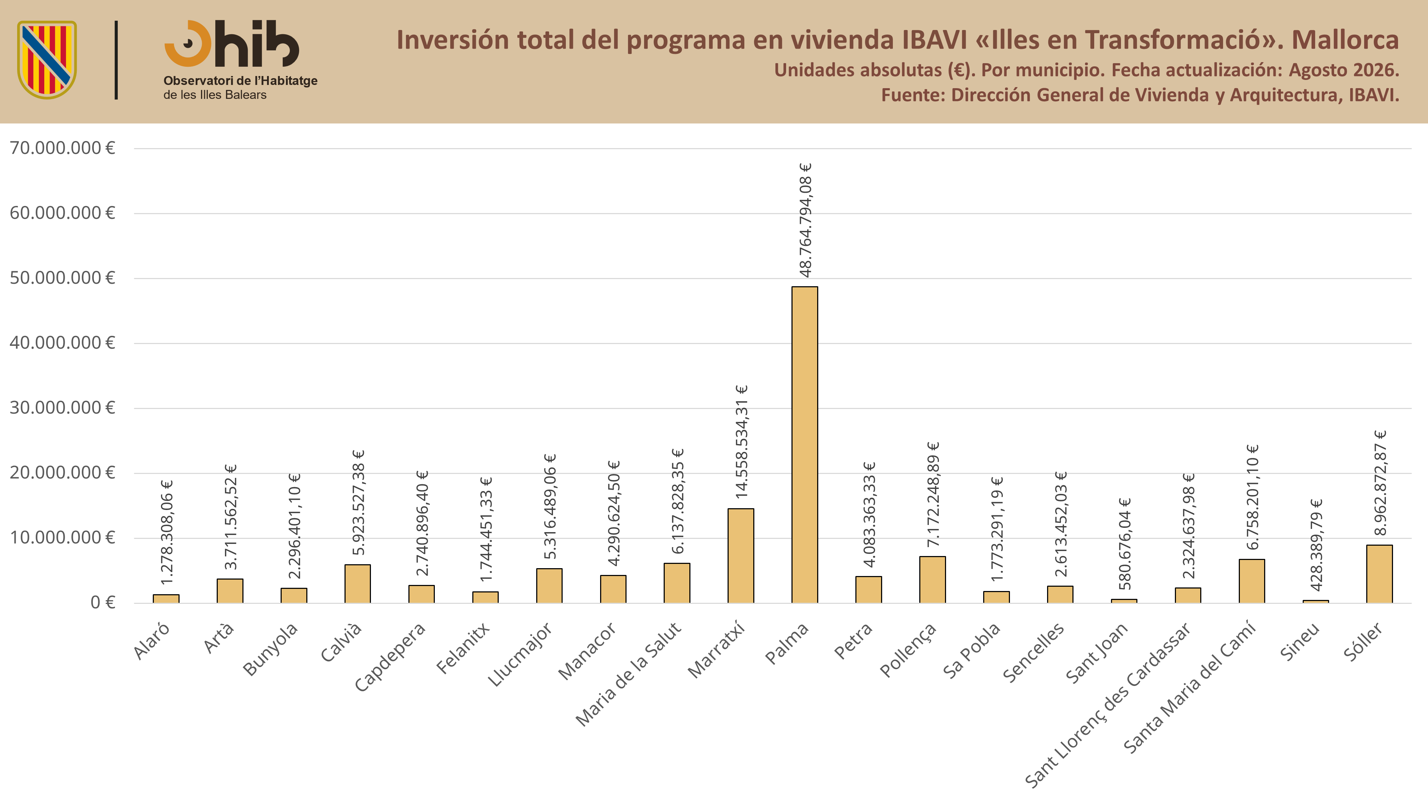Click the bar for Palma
(804, 444)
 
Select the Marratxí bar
(741, 556)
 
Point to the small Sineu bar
(1316, 601)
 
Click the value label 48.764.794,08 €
(805, 220)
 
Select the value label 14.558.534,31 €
(742, 442)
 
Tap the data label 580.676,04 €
(1125, 544)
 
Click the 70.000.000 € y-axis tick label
(62, 148)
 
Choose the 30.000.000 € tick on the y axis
(62, 408)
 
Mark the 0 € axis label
(103, 602)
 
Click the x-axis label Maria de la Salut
(628, 674)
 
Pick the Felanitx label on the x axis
(463, 648)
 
